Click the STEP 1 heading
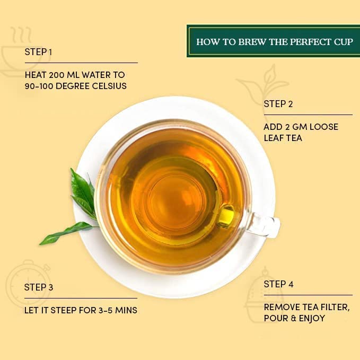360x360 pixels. tap(38, 52)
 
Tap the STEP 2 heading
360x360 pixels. tap(278, 104)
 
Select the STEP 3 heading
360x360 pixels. tap(39, 287)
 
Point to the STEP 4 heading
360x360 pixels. tap(278, 284)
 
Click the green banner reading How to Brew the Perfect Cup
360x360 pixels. tap(273, 41)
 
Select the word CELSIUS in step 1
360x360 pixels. tap(109, 86)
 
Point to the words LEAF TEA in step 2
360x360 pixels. tap(283, 138)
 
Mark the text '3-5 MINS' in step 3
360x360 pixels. tap(119, 310)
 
